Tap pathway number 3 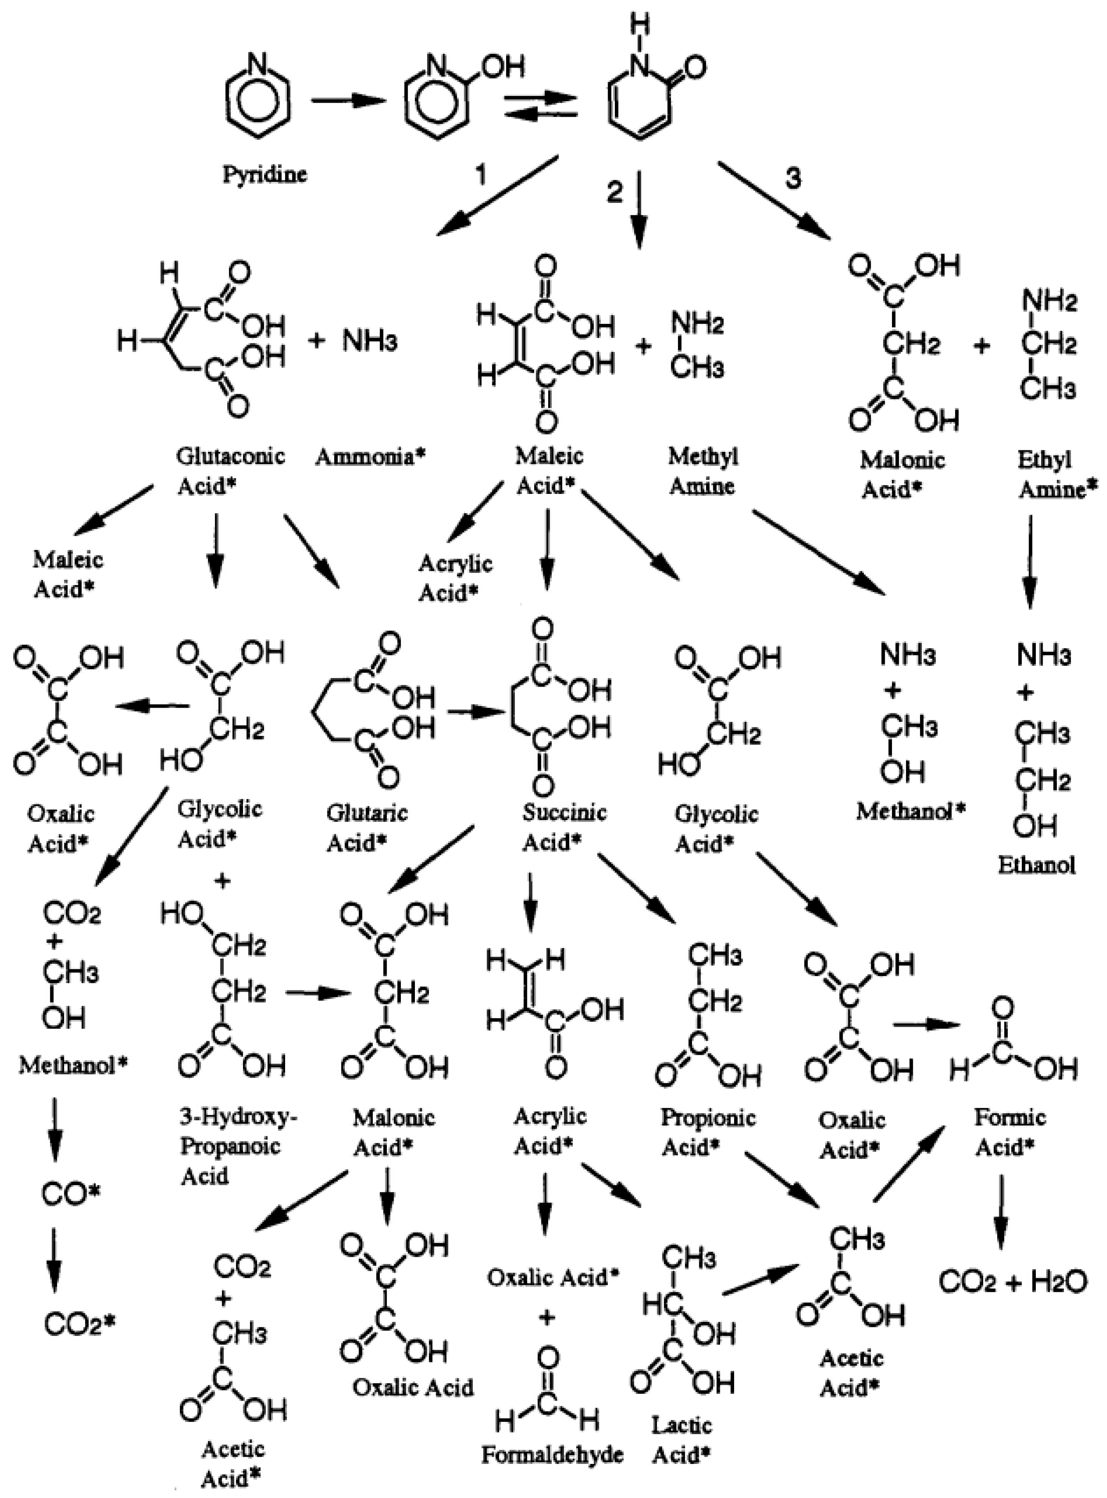tap(793, 178)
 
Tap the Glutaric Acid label tap(366, 827)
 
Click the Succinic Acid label tap(564, 827)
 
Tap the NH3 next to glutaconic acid tap(370, 341)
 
